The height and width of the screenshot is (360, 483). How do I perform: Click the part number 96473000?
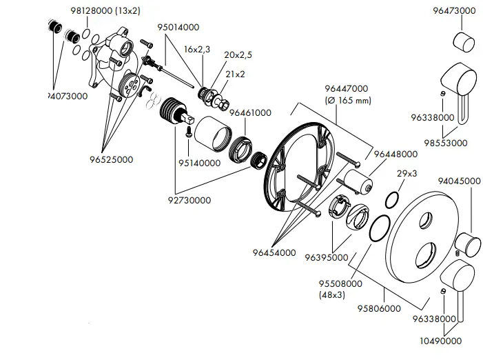click(455, 10)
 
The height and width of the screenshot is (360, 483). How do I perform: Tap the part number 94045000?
click(460, 181)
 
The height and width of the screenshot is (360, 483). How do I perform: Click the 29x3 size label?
click(407, 173)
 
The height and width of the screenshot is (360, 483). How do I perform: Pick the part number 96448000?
click(395, 154)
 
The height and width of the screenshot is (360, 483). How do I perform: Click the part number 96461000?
click(250, 112)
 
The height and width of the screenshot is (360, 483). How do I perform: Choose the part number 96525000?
click(111, 159)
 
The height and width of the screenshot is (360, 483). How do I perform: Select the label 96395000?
click(327, 257)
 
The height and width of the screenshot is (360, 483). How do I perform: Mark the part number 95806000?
click(379, 308)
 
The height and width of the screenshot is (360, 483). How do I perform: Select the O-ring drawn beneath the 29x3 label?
click(389, 201)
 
